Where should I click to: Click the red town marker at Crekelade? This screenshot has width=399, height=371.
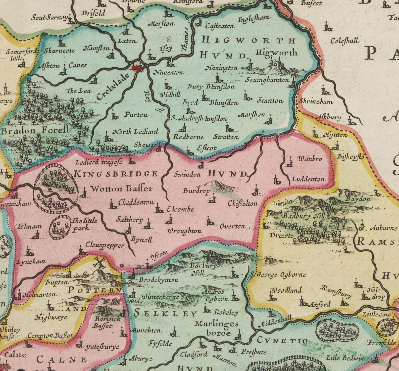[137, 68]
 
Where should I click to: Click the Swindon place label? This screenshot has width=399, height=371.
[187, 174]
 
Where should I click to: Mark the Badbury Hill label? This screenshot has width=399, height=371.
[304, 216]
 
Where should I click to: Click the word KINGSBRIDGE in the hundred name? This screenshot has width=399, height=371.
[116, 174]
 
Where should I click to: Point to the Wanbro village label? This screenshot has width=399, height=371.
[310, 159]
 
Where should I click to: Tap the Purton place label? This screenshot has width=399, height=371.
[136, 115]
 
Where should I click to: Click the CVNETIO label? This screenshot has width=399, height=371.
[282, 341]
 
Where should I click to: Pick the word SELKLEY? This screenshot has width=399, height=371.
[165, 313]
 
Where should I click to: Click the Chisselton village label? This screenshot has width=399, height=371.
[243, 203]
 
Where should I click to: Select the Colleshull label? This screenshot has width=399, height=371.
[345, 41]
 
